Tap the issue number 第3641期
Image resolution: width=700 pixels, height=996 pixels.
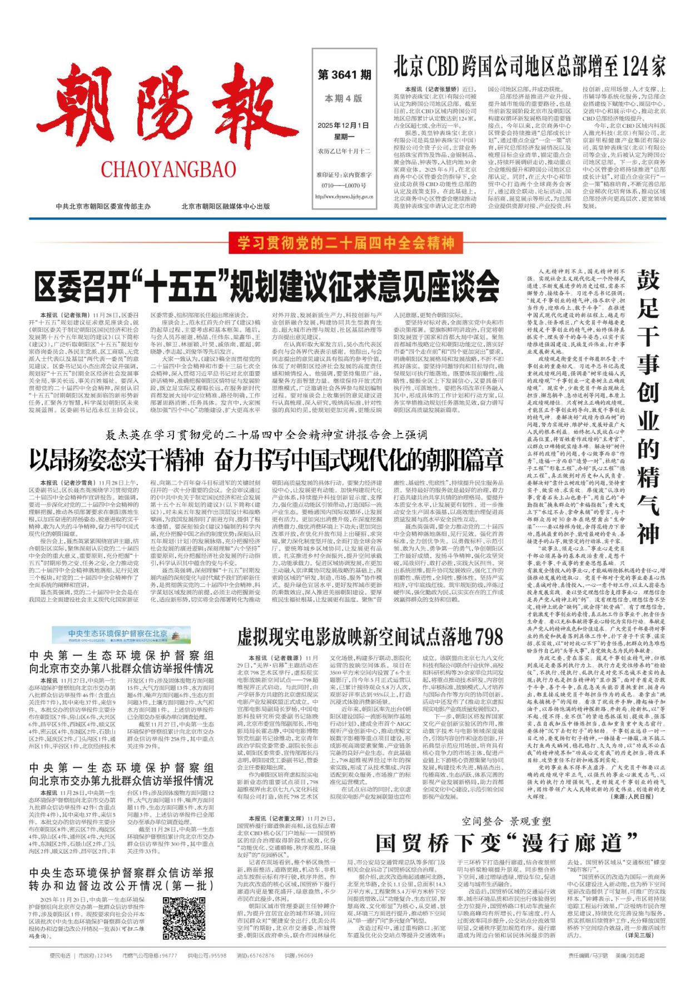coord(344,74)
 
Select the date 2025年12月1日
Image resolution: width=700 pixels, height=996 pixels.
coord(343,126)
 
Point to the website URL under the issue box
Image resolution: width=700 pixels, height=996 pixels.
coord(343,196)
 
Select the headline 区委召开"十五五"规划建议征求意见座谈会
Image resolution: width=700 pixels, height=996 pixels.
coord(267,286)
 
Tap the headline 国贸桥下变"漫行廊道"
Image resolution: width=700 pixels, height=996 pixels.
coord(506,843)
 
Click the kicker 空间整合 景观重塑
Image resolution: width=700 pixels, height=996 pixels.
coord(506,821)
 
